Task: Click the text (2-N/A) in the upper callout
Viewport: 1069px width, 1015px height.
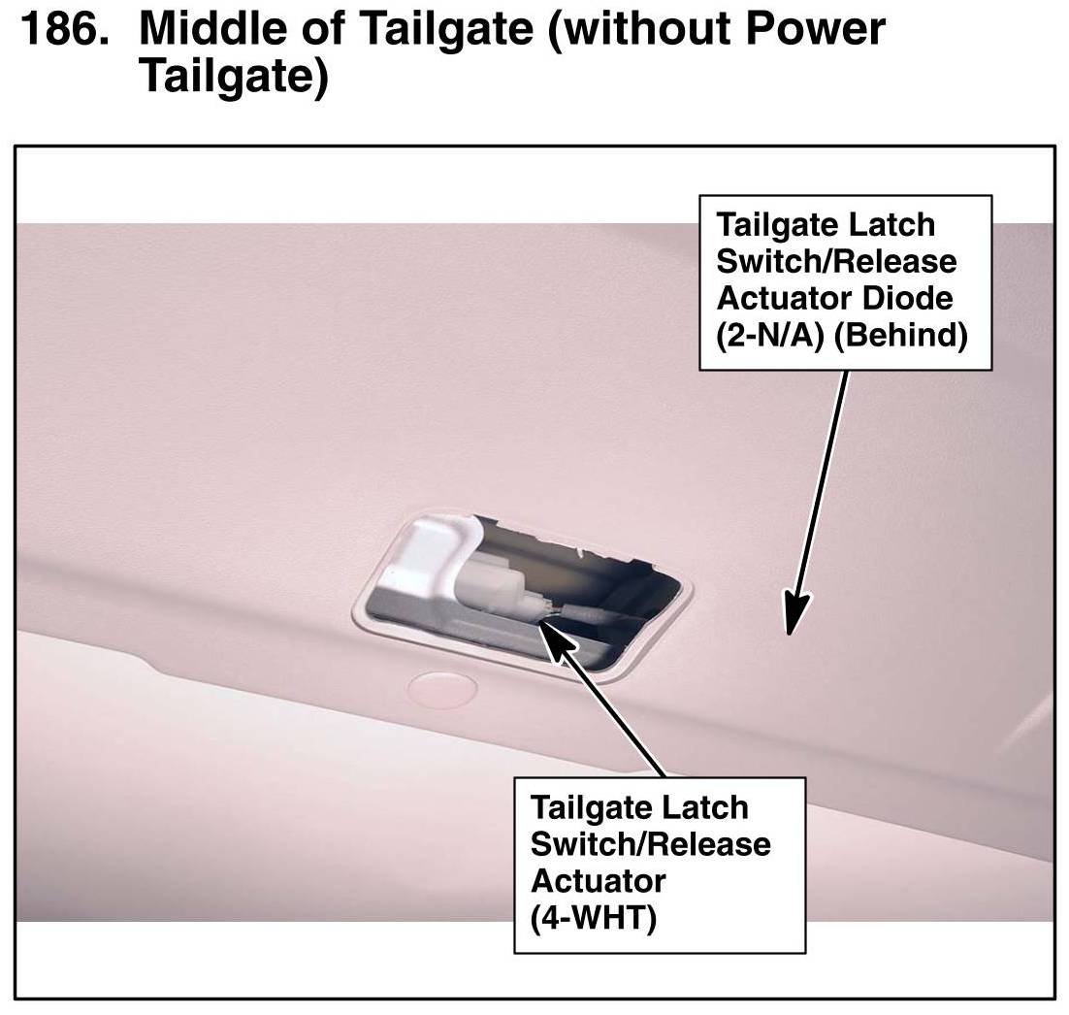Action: pyautogui.click(x=767, y=336)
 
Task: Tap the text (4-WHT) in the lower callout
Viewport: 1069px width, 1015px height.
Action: pyautogui.click(x=594, y=917)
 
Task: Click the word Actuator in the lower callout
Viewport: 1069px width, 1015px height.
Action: pyautogui.click(x=599, y=881)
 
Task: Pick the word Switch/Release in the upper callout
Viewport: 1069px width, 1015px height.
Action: pyautogui.click(x=836, y=261)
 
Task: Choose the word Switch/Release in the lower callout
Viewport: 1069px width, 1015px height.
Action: pyautogui.click(x=651, y=844)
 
